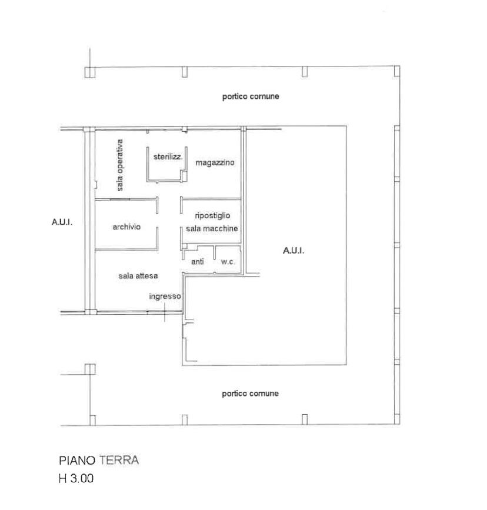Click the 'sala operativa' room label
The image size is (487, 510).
coord(120,165)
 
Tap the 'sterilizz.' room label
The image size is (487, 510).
coord(168,157)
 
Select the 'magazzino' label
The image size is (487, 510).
coord(215,162)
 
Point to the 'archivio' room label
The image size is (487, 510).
coord(126,226)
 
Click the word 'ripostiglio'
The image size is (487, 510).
coord(212,216)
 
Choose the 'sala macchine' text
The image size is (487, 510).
coord(212,229)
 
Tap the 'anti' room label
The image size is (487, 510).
coord(198,262)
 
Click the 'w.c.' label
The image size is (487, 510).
coord(228,262)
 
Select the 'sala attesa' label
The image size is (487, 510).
coord(138,276)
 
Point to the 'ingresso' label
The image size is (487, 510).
coord(165,296)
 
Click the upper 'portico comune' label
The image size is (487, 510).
coord(251,96)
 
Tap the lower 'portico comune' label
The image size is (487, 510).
coord(250,394)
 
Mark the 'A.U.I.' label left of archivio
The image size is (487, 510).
coord(62,222)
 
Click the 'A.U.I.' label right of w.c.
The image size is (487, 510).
coord(293,251)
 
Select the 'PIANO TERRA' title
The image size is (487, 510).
coord(99,460)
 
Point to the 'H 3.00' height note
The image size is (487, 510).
coord(76,478)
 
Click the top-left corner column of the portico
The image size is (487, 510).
coord(90,72)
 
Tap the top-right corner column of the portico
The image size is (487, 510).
coord(397,71)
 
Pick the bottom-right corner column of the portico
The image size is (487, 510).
coord(397,419)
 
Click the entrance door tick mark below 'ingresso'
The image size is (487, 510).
coord(165,312)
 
